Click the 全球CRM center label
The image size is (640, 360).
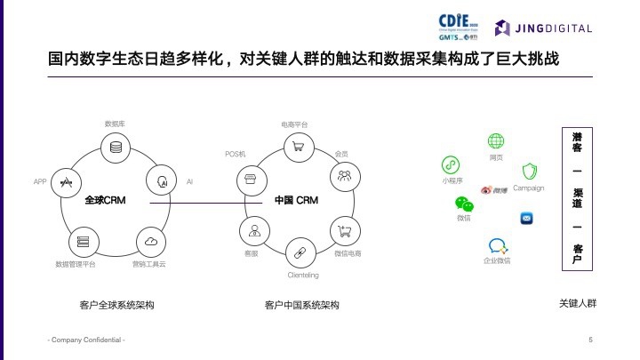point(103,201)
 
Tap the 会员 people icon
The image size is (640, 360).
point(343,174)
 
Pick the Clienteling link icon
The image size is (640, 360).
point(300,252)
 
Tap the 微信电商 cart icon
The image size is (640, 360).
point(344,231)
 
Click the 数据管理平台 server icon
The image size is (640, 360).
point(83,241)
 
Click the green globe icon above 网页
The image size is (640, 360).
point(495,142)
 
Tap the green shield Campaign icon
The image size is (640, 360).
point(529,172)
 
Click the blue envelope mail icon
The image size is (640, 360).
point(527,218)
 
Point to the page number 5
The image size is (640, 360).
point(590,340)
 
